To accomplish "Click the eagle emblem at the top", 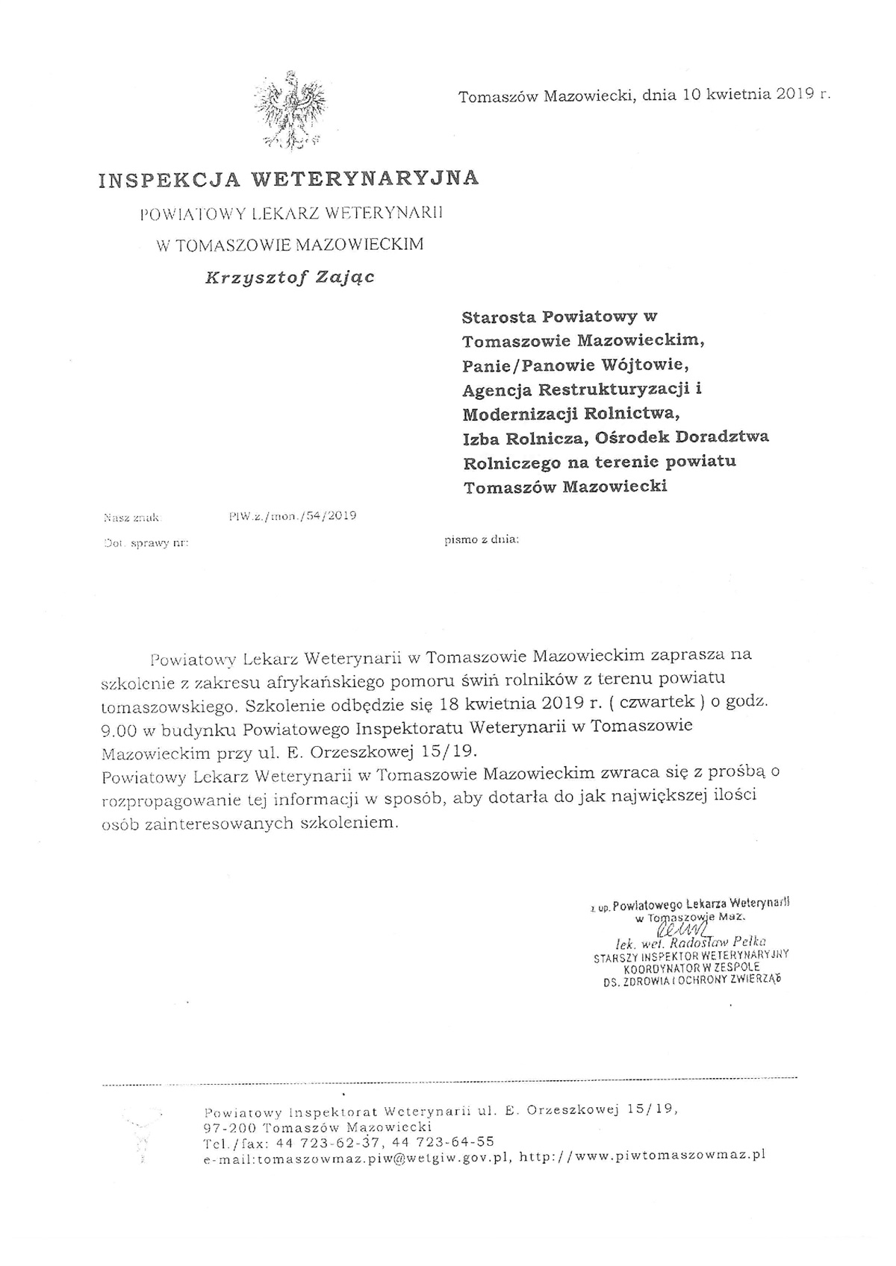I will click(x=289, y=110).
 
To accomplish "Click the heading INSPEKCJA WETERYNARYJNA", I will click(x=288, y=178).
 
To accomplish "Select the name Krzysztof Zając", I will click(x=290, y=278).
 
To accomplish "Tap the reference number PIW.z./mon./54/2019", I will click(x=293, y=516).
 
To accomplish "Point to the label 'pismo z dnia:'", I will click(x=481, y=539).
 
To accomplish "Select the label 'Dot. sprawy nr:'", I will click(x=144, y=543).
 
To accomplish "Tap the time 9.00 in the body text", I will click(x=119, y=726).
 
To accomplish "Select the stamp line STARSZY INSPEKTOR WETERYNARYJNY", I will click(x=691, y=954).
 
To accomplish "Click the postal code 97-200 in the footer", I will click(x=230, y=1126).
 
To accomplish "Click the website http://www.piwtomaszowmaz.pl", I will click(x=643, y=1156).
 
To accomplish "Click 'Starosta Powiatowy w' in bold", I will click(x=559, y=316).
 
